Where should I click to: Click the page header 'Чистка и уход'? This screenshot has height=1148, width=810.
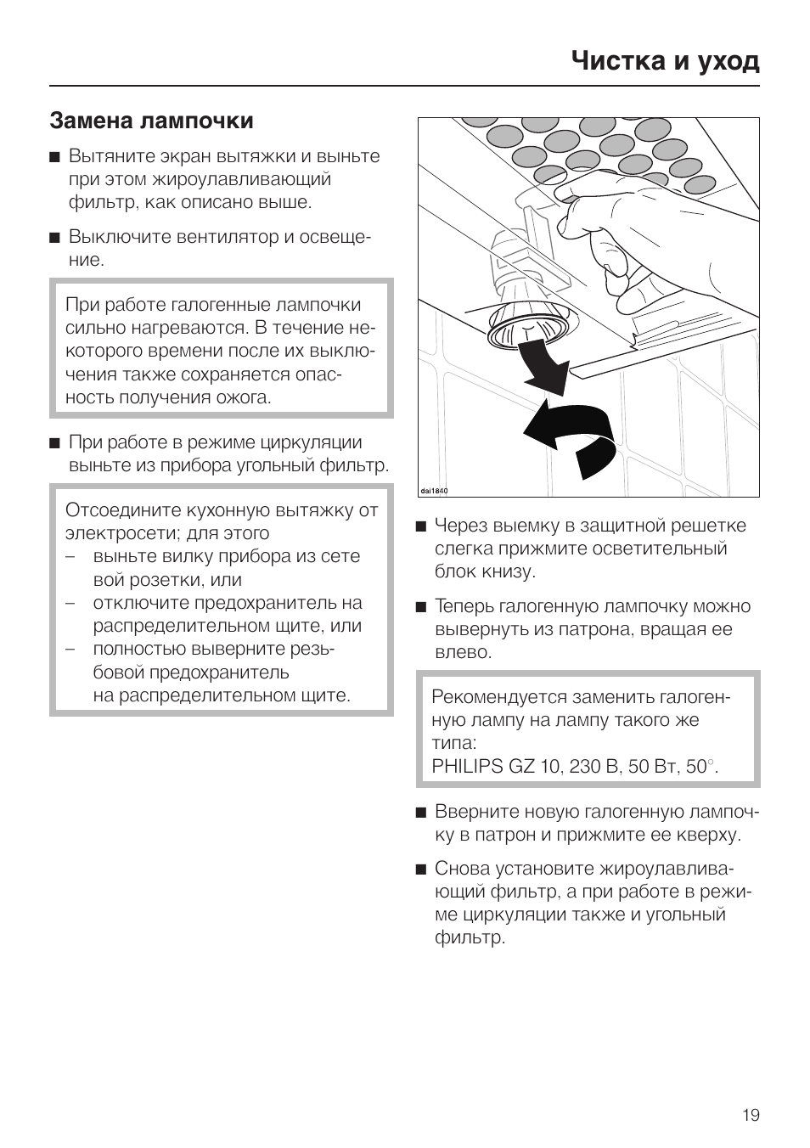tap(665, 60)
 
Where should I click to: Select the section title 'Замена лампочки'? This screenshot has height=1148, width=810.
tap(151, 121)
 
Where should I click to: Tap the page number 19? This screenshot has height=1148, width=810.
tap(751, 1115)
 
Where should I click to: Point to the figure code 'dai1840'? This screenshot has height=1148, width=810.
tap(434, 491)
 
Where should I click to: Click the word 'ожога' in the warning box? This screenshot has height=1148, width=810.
tap(241, 397)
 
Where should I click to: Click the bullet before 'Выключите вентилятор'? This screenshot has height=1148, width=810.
tap(55, 238)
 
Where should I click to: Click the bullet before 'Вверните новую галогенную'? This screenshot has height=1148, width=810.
tap(420, 813)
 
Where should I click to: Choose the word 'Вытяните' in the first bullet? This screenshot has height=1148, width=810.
tap(108, 156)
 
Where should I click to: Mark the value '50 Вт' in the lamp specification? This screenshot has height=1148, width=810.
tap(659, 766)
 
